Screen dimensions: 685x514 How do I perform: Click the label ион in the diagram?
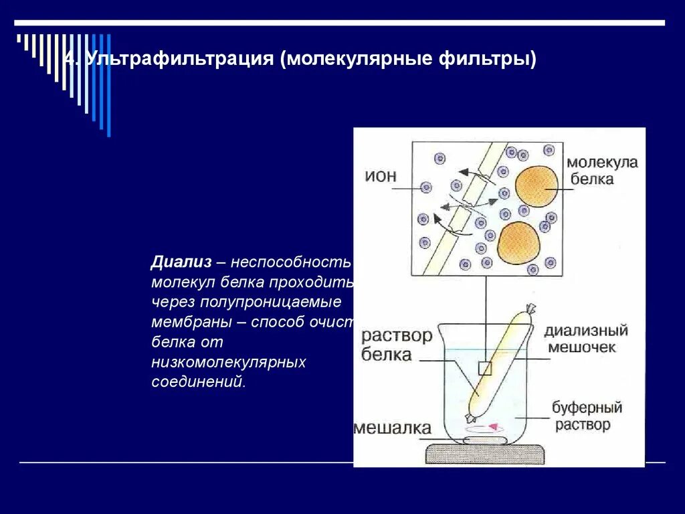tap(381, 177)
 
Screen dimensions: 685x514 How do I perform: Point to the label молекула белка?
tap(602, 171)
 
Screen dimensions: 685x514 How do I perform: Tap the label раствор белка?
tap(396, 345)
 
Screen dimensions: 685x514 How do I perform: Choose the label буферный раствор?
tap(587, 416)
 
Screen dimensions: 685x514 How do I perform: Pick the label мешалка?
tap(392, 428)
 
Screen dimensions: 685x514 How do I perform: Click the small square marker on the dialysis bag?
tap(485, 368)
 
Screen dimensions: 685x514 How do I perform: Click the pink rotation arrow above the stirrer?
tap(494, 426)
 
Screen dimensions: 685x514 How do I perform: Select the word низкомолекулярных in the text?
tap(228, 362)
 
